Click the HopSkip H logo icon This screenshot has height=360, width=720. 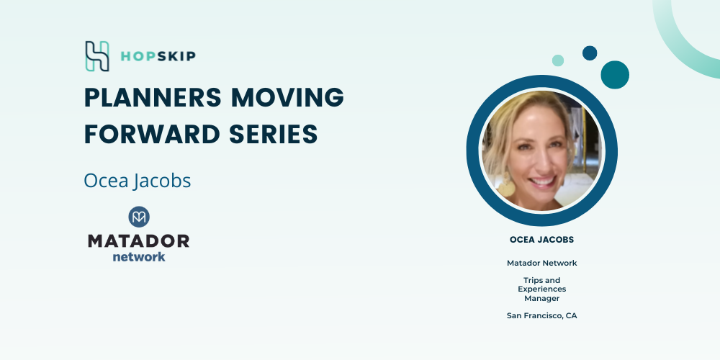point(97,56)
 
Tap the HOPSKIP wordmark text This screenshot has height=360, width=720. point(158,56)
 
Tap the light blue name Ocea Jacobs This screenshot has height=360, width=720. point(138,181)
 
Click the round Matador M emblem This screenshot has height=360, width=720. point(139,217)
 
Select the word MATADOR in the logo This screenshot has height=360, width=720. point(139,241)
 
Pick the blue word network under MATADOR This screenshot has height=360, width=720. point(139,256)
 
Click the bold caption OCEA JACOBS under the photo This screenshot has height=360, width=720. point(542,240)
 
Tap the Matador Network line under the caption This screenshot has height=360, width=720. point(542,263)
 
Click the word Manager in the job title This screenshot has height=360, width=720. point(542,299)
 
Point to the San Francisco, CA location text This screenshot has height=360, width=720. point(542,316)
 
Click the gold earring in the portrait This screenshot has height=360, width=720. point(506,186)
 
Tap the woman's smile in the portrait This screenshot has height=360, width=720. point(543,181)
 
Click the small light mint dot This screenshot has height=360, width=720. point(558,60)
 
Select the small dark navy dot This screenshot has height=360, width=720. point(590,53)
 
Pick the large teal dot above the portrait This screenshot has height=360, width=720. point(615,75)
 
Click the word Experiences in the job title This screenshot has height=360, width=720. point(542,289)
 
